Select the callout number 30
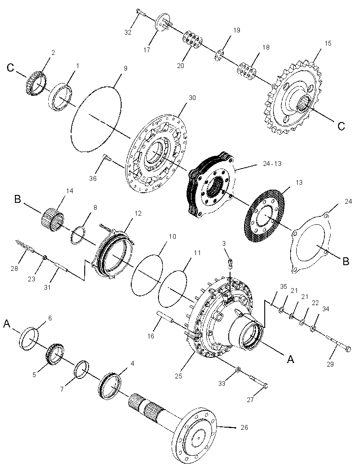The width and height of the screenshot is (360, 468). [x=193, y=98]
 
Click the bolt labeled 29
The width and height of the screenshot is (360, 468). [x=338, y=343]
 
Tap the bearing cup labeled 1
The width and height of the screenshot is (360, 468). [x=61, y=97]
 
